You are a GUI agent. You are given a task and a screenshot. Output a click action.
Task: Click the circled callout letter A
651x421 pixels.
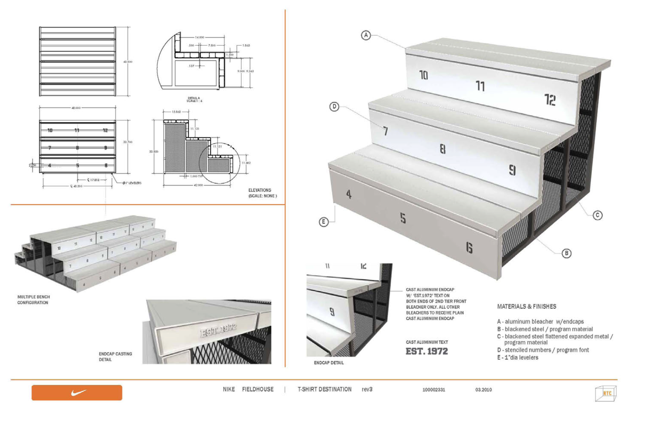tap(366, 35)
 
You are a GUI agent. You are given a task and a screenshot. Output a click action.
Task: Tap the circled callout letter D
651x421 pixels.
tap(334, 107)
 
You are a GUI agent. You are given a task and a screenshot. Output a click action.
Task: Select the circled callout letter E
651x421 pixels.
tap(323, 221)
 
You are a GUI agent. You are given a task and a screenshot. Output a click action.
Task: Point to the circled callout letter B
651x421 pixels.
tap(566, 253)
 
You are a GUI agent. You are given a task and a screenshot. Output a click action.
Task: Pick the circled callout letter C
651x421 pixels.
tap(597, 215)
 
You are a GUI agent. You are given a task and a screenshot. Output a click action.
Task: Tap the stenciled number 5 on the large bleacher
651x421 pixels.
tap(403, 218)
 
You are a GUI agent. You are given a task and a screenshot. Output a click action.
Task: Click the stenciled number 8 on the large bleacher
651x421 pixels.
tap(443, 149)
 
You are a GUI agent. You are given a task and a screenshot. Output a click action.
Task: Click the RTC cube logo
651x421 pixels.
tap(605, 393)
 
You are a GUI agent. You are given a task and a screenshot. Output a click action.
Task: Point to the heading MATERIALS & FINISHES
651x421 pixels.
tap(527, 306)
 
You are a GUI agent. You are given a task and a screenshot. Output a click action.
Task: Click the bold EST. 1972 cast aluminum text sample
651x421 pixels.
tap(427, 351)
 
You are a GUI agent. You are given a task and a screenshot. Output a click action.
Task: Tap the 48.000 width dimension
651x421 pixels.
tap(76, 108)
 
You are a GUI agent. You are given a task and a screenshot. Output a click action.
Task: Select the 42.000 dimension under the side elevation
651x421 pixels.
tap(198, 185)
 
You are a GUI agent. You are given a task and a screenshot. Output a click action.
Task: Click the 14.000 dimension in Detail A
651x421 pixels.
tap(199, 37)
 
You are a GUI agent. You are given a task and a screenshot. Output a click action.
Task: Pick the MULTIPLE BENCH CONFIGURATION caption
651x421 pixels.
tap(34, 300)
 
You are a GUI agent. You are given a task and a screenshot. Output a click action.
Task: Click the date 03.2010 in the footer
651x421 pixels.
tap(483, 389)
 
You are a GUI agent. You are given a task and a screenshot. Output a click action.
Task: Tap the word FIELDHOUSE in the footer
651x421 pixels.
tap(258, 389)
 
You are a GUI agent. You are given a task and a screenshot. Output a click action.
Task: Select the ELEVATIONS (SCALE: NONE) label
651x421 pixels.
tap(262, 193)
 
